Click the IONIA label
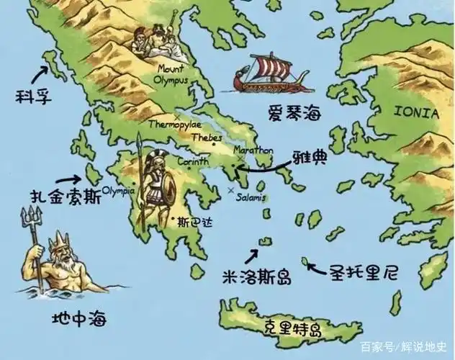coord(416,113)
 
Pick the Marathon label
coord(253,150)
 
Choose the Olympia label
coord(119,191)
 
